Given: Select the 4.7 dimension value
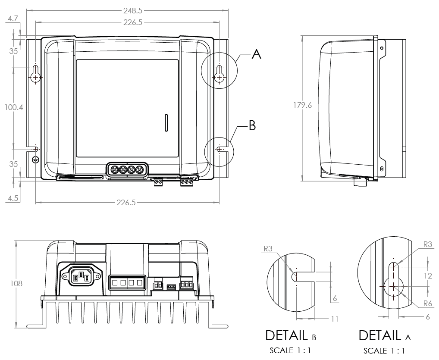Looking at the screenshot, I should (13, 19).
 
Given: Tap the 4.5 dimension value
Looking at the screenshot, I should (13, 199).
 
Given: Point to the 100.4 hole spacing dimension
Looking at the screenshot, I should (14, 107).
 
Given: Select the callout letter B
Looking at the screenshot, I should (253, 126).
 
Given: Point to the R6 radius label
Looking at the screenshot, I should (427, 304).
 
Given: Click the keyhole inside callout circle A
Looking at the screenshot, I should (220, 74).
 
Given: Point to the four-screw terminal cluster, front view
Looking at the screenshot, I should (126, 170).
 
